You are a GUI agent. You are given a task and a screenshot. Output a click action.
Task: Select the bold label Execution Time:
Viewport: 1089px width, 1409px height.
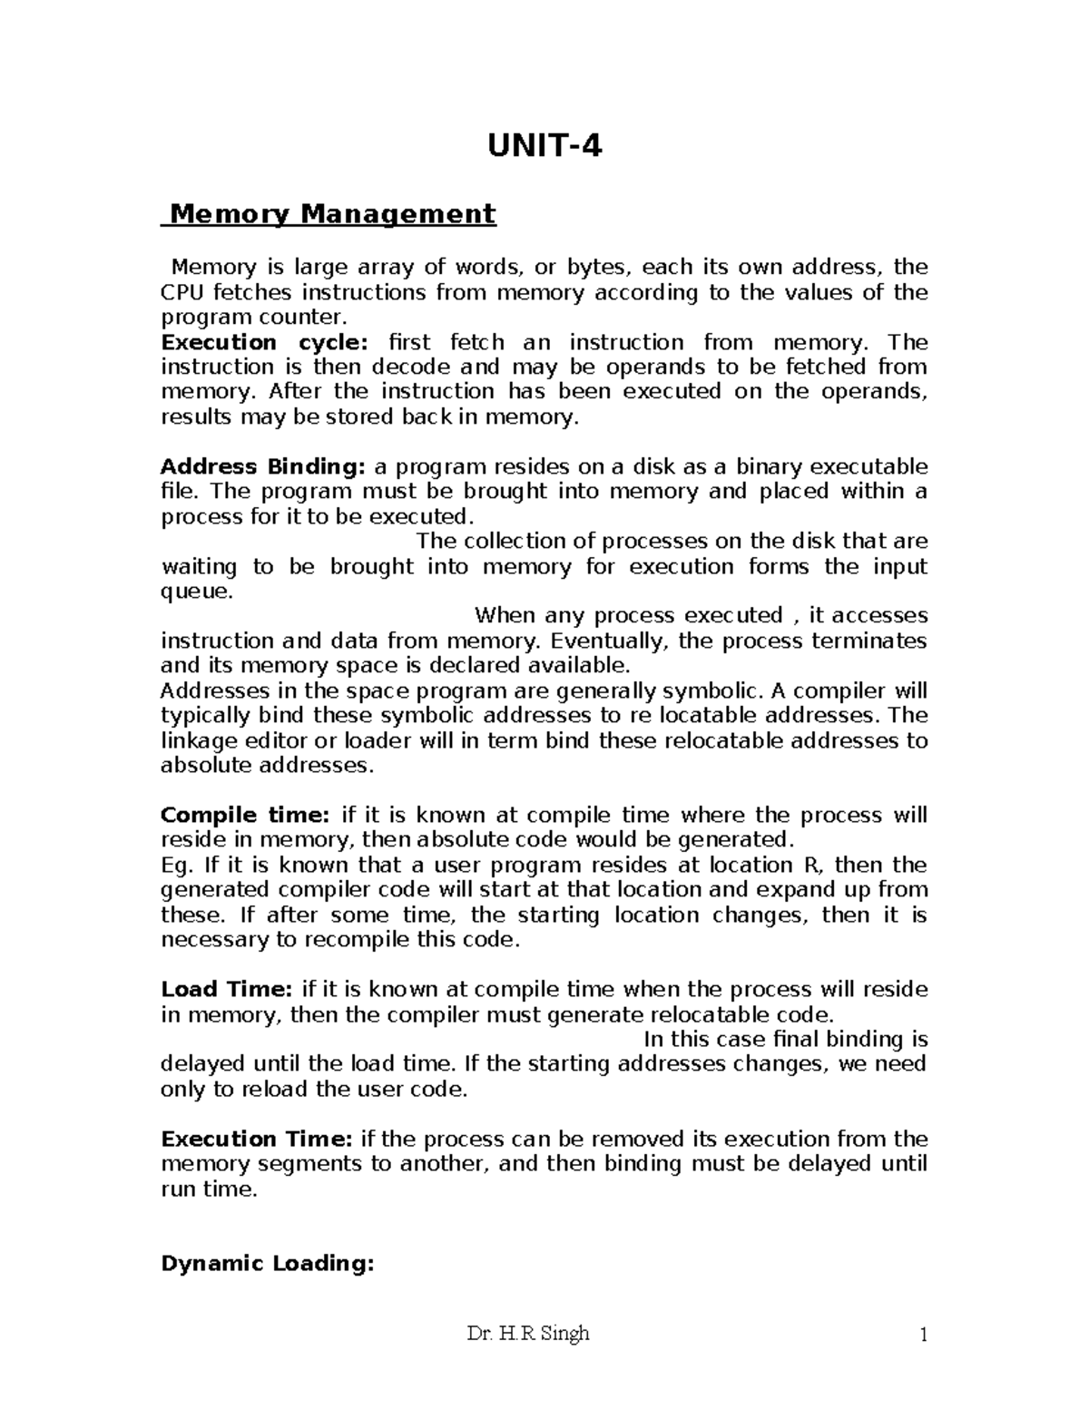(x=257, y=1140)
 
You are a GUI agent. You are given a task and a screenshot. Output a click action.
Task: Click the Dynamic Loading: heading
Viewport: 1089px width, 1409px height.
(x=267, y=1264)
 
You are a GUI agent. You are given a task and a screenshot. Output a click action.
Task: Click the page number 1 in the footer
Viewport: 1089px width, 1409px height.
(x=922, y=1335)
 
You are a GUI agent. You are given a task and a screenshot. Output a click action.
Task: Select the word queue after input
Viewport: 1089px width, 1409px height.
(x=195, y=592)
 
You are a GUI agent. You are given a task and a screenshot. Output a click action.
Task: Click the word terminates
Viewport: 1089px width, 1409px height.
(x=869, y=641)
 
